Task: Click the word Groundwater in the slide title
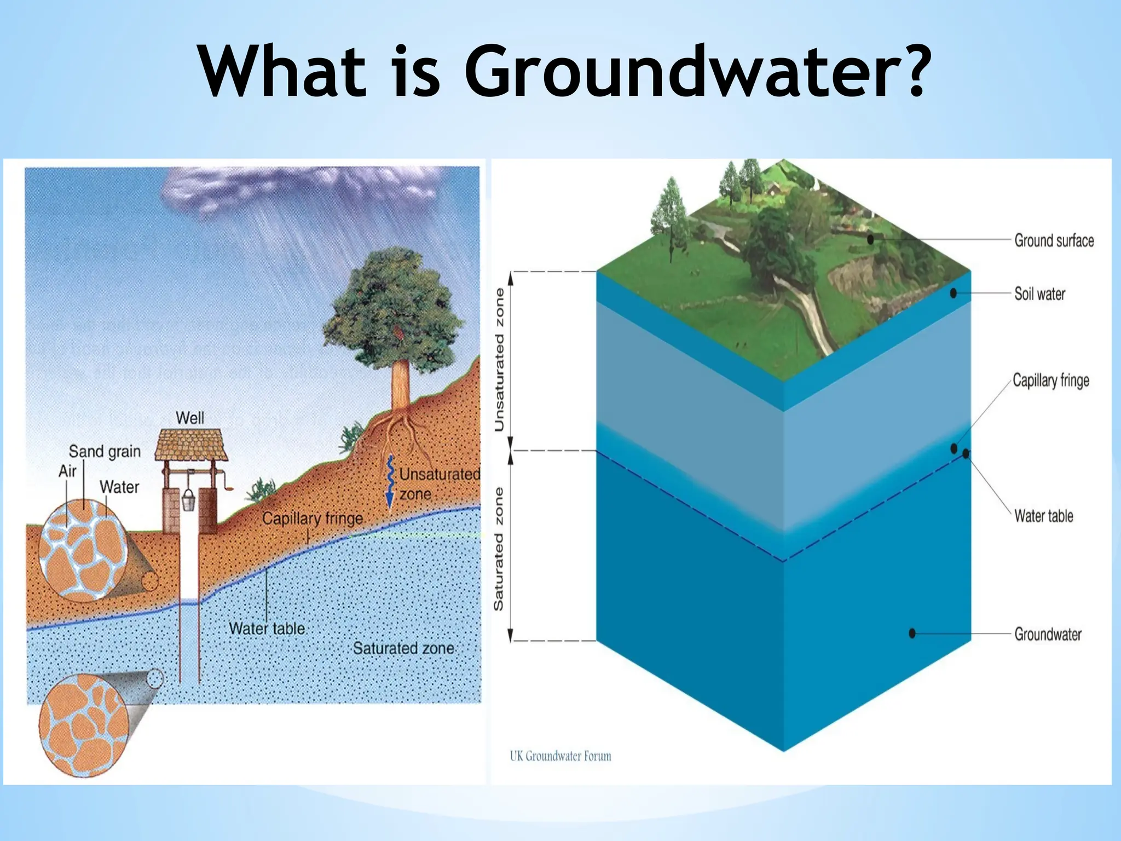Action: pos(695,71)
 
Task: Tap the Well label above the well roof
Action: pos(190,418)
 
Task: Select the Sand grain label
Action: pos(105,452)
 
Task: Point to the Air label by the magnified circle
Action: pos(67,471)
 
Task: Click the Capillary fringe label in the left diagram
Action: pos(313,518)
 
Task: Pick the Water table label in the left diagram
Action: pos(267,629)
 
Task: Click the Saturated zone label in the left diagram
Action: pos(403,648)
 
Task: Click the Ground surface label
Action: pos(1054,240)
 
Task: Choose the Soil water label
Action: pos(1039,294)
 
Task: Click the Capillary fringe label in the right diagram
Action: pos(1050,380)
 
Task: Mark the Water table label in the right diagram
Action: pos(1043,516)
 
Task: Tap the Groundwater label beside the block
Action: pos(1048,634)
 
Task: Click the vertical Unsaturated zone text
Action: pos(499,360)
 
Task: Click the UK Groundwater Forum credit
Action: pos(560,756)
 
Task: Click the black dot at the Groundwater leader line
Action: pos(912,633)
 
